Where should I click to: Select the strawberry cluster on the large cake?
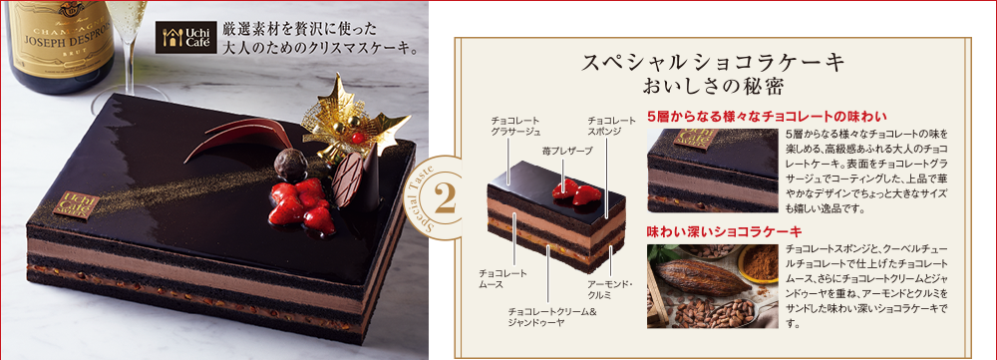pos(302,203)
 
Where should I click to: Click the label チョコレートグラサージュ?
pos(515,126)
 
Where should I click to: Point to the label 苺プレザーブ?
pos(564,149)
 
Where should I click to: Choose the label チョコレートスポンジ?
pos(611,126)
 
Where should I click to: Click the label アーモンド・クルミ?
pos(609,290)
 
